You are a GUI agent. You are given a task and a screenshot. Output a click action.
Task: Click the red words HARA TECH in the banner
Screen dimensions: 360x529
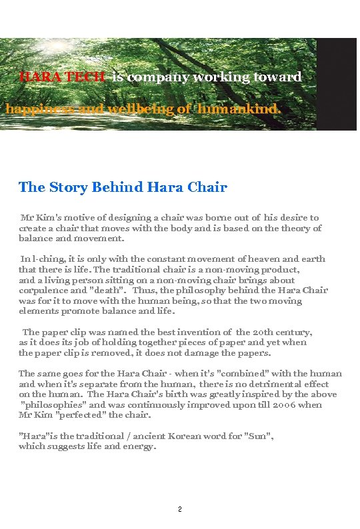click(62, 77)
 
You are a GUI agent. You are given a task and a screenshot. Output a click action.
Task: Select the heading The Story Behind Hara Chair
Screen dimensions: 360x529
click(123, 187)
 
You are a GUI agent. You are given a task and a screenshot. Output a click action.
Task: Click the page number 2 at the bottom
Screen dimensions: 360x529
click(179, 510)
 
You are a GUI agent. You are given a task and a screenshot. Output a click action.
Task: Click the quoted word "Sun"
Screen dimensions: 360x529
click(259, 436)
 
